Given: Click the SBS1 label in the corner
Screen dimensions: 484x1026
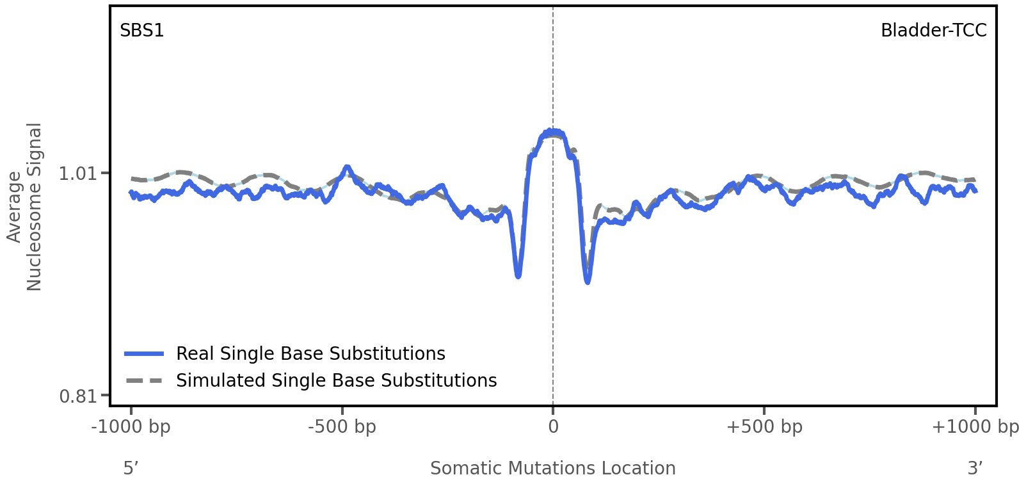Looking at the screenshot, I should coord(141,30).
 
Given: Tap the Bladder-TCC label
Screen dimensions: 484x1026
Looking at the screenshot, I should coord(933,30).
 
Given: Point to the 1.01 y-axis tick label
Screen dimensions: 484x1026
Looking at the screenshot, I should coord(76,173).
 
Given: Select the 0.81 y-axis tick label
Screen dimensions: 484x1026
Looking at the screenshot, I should coord(76,396).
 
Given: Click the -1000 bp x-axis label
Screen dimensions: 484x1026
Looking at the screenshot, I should coord(131,426).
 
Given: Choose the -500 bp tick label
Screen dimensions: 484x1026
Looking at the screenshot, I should coord(342,426).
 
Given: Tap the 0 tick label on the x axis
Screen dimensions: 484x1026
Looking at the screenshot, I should coord(553,426).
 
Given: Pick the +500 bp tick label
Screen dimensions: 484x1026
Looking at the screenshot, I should coord(764,426).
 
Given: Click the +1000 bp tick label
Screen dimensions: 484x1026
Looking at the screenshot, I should coord(975,426).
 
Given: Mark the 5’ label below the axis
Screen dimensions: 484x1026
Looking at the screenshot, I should coord(131,468).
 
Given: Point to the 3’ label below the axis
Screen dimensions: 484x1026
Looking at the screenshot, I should coord(975,468).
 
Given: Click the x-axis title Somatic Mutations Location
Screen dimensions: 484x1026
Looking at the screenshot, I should coord(552,468).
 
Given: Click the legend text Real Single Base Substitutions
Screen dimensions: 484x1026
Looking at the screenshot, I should coord(310,353).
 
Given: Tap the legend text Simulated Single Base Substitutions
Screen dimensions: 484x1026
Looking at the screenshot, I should coord(336,380).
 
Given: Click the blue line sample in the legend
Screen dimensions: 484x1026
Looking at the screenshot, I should coord(145,353).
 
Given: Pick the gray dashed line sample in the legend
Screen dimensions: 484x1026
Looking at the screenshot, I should coord(145,380).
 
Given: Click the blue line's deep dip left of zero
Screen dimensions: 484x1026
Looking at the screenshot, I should coord(518,275).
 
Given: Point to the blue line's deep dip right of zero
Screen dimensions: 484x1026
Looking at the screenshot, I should coord(588,280).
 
